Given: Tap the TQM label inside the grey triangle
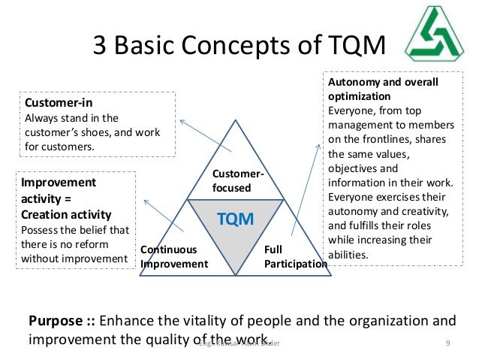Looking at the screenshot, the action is tap(236, 219).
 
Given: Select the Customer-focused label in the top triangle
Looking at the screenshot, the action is tap(238, 181).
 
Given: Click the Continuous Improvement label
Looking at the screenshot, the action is tap(173, 256).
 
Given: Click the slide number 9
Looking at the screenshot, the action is tap(447, 343).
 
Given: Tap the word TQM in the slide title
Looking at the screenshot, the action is tap(351, 47).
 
